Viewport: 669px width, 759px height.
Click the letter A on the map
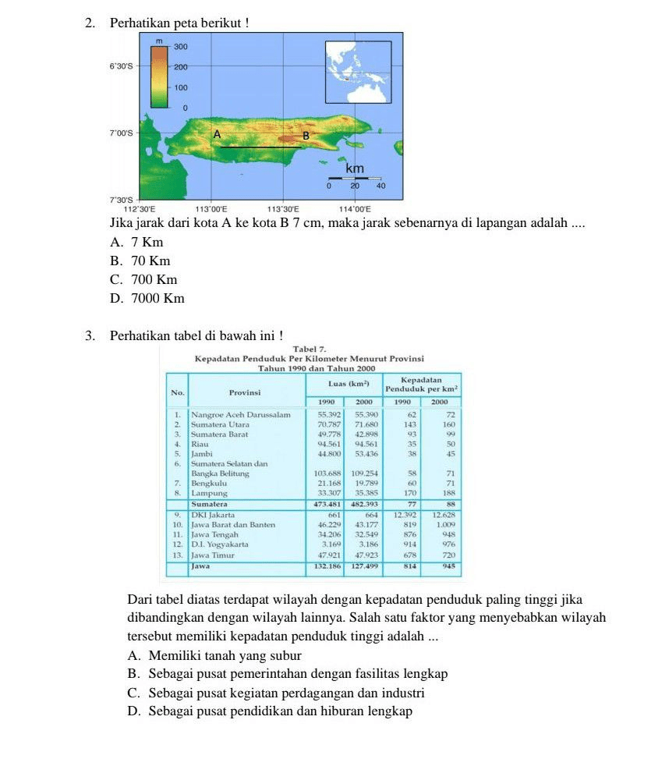(218, 135)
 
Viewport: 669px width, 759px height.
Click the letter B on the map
(306, 136)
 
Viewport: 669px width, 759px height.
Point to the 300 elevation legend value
(181, 48)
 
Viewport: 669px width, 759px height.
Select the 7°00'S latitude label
(121, 134)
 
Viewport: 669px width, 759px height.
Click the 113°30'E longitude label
(283, 209)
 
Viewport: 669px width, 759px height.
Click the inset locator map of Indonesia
(358, 72)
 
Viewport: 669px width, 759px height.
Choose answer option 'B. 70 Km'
(140, 261)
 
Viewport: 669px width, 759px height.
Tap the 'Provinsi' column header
(243, 392)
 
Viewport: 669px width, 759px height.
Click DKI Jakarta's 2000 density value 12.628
(441, 515)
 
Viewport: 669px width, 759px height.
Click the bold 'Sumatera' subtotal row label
(211, 504)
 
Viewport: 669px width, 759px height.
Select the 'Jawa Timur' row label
(214, 555)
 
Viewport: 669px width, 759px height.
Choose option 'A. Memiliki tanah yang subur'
(214, 655)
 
